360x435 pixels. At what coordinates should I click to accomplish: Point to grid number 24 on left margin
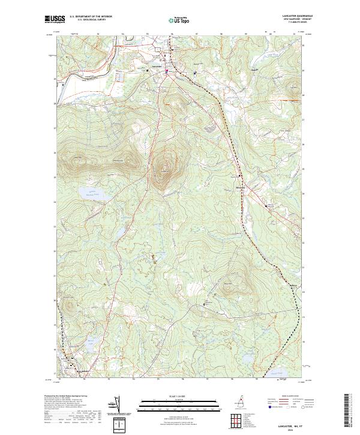click(x=55, y=202)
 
